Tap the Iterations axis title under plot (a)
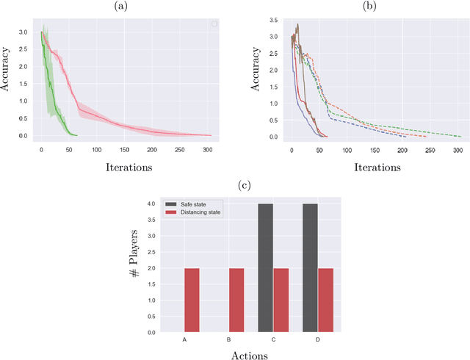[x=124, y=166]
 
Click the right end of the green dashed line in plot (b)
[x=461, y=136]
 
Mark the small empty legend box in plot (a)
[x=214, y=24]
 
